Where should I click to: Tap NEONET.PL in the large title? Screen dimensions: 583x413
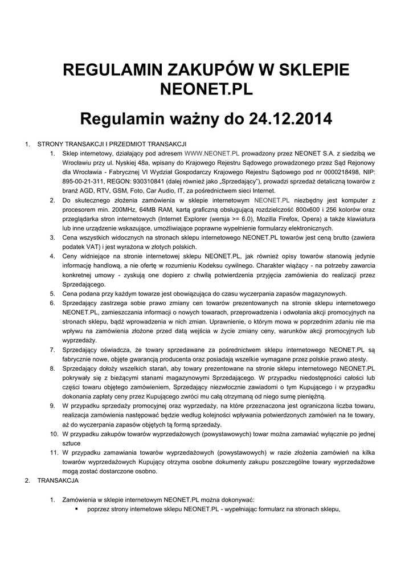pyautogui.click(x=206, y=90)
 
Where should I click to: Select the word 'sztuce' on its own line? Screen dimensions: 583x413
pyautogui.click(x=72, y=443)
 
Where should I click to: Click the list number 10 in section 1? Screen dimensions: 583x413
pyautogui.click(x=52, y=434)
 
